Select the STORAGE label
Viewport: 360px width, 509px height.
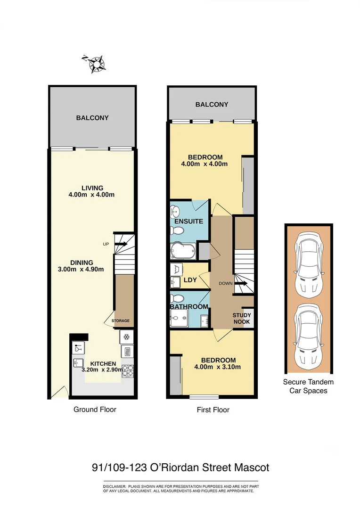pos(120,321)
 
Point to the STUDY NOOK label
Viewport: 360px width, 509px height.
pos(242,319)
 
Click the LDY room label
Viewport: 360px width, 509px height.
pos(190,280)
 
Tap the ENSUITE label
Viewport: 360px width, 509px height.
pos(188,221)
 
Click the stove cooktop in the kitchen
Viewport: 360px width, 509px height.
pos(128,369)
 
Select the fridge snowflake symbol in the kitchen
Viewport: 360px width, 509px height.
pos(127,337)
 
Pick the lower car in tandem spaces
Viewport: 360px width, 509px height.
pos(307,337)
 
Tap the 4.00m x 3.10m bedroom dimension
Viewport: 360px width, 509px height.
pos(217,367)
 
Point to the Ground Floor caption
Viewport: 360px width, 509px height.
pos(95,409)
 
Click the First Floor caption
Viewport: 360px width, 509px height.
pos(213,410)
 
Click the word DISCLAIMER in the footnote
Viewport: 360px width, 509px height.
pos(115,486)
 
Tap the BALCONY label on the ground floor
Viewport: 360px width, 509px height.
pos(92,118)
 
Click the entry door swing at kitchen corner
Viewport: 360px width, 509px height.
pos(58,392)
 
